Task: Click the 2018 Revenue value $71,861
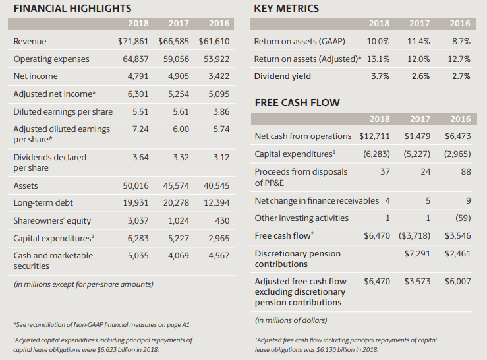[x=133, y=42]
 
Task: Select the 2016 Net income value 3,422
[x=219, y=76]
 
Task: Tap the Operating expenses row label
[x=51, y=59]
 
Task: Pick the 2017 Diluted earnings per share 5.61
[x=181, y=111]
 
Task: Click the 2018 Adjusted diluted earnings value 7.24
[x=140, y=129]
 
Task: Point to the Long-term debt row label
[x=43, y=203]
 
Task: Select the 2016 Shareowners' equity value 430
[x=222, y=221]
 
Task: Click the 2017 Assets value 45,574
[x=176, y=186]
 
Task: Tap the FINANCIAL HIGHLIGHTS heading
[x=72, y=9]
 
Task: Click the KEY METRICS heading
[x=287, y=9]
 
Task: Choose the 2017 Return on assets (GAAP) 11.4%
[x=418, y=42]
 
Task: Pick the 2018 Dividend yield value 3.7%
[x=380, y=76]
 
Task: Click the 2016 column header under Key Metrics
[x=460, y=24]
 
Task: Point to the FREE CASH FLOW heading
[x=297, y=103]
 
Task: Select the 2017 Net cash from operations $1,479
[x=417, y=136]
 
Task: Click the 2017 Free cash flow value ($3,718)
[x=415, y=236]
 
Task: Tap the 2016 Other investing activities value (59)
[x=463, y=218]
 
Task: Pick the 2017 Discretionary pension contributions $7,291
[x=417, y=254]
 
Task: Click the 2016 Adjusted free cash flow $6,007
[x=458, y=282]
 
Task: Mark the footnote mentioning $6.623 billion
[x=103, y=345]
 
